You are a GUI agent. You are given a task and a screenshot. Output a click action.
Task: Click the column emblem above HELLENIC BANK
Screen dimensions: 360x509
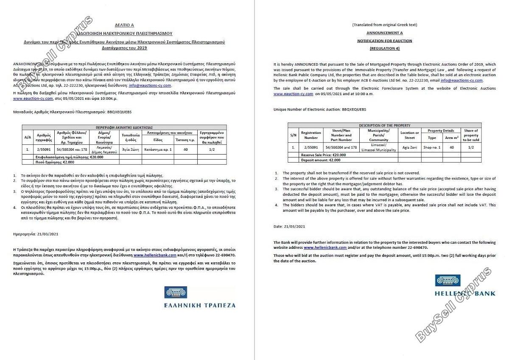[x=447, y=281]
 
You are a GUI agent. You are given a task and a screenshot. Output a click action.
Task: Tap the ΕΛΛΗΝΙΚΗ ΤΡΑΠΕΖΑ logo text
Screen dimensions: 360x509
[x=199, y=305]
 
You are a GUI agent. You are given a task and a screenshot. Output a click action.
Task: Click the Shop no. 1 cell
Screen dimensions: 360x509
[x=432, y=147]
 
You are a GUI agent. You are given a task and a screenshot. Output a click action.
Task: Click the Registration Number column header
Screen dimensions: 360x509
[x=311, y=135]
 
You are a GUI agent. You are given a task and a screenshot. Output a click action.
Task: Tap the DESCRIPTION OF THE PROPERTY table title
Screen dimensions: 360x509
[x=385, y=125]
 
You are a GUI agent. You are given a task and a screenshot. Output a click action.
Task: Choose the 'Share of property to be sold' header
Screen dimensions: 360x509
[x=471, y=135]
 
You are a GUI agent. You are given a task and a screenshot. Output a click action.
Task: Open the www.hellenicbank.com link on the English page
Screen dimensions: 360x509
[x=325, y=247]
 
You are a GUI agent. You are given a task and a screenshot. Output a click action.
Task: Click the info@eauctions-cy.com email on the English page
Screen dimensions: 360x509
[x=461, y=80]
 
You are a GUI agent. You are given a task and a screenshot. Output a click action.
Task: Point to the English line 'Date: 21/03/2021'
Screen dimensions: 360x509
[x=290, y=227]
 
